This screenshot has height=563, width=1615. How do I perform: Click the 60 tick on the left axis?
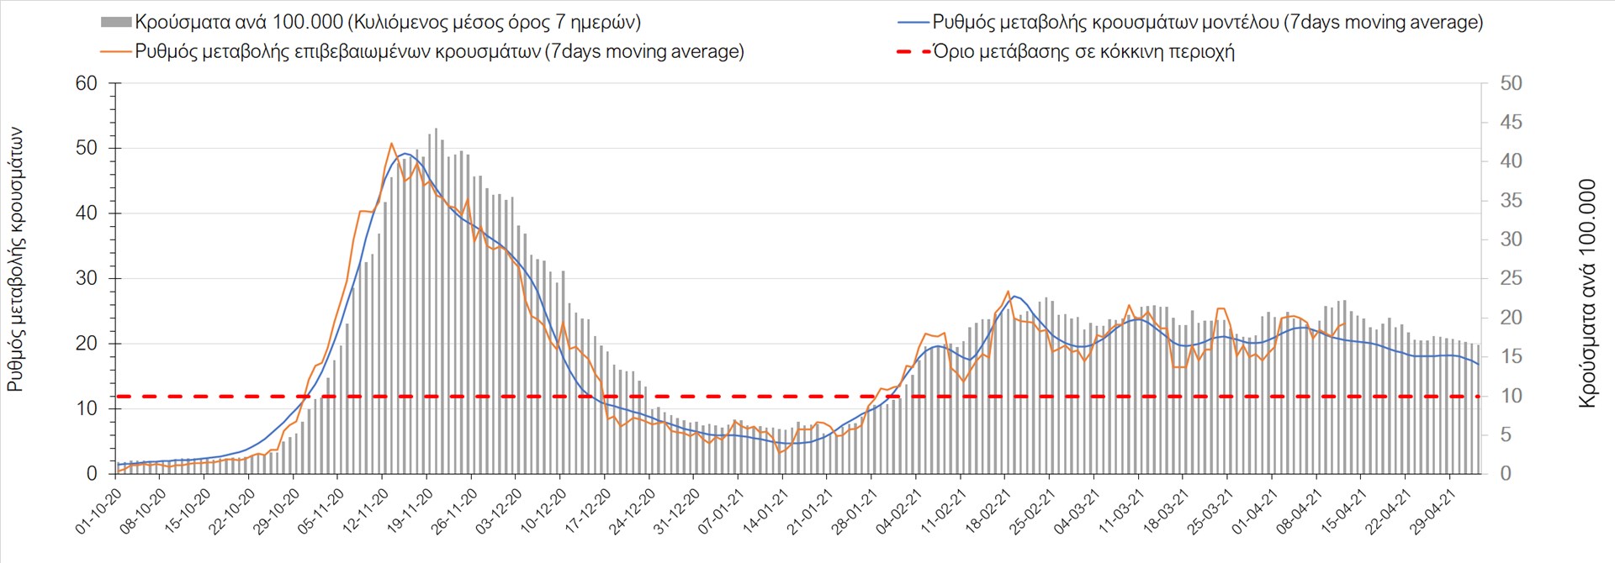87,83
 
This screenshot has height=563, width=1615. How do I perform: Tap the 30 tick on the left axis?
87,278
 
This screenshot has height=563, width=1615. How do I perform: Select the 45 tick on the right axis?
1511,123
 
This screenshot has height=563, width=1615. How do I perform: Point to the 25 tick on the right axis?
1511,278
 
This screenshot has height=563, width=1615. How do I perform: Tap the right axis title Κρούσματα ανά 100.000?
1587,293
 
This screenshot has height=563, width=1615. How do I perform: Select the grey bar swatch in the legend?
115,22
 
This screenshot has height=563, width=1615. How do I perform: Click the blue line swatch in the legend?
913,22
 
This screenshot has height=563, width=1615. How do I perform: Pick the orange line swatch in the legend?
115,51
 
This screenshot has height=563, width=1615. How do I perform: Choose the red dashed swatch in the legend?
913,51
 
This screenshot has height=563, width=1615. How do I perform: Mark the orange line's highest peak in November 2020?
392,144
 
